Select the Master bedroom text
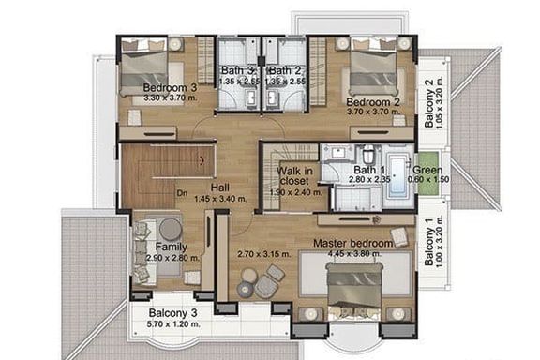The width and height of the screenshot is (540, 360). [x=353, y=243]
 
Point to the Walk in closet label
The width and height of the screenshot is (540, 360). [x=294, y=175]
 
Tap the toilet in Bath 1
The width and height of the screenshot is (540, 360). [x=368, y=155]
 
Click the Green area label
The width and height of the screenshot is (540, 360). [x=427, y=170]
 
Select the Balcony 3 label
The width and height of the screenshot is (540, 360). [x=172, y=313]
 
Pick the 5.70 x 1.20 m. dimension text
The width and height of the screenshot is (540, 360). [x=173, y=324]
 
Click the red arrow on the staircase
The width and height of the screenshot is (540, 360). [x=202, y=160]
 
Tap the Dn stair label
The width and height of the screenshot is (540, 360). [x=182, y=193]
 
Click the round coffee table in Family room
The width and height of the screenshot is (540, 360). [x=170, y=229]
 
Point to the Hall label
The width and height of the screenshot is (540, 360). [x=220, y=187]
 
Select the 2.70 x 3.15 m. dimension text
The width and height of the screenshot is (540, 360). [x=264, y=255]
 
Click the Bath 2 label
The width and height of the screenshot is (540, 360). [x=285, y=70]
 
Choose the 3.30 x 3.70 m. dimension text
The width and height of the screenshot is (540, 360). [x=170, y=97]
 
